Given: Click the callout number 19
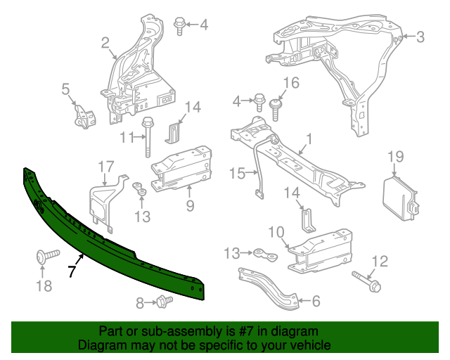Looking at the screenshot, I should [x=395, y=157].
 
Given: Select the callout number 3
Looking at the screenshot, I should [x=420, y=37].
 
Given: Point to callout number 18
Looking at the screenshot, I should [x=44, y=285].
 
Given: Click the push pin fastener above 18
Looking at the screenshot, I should [x=41, y=257].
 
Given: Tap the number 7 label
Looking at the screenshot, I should [x=71, y=271].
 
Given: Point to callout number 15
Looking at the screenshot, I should [x=235, y=173].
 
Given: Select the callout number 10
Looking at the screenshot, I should [x=276, y=232].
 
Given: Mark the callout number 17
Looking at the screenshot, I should [x=105, y=167].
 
